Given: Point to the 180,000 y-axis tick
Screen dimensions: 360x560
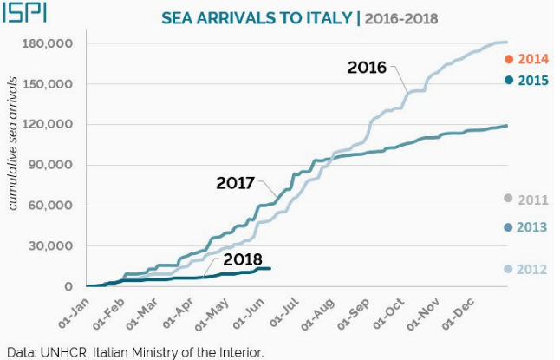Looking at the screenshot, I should point(49,43).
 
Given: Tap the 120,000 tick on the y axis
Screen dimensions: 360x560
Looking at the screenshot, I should point(49,124).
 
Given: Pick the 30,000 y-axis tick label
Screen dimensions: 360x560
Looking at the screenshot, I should point(53,245).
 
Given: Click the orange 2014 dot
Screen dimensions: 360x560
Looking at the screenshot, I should point(508,59).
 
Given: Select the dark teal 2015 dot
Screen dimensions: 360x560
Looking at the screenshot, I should point(508,80).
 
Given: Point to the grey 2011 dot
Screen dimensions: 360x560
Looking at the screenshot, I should point(508,199).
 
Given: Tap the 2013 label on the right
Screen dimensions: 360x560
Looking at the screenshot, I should point(532,227).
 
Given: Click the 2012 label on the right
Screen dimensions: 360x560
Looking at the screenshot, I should point(532,269).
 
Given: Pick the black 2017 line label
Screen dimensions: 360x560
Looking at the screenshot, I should point(235,183).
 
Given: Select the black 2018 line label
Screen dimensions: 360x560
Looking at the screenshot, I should point(242,259).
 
